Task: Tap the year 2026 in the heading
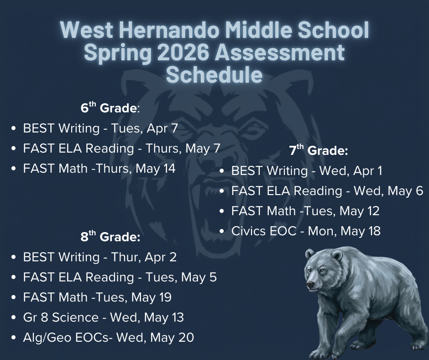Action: [183, 53]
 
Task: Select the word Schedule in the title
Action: [214, 74]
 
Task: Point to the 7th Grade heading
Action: [319, 150]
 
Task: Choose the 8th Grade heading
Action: [110, 237]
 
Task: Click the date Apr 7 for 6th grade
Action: [162, 128]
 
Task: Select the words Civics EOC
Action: [264, 231]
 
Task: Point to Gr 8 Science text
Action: [61, 317]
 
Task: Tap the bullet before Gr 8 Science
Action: [14, 318]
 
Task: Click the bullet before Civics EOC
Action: [222, 232]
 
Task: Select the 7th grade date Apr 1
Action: [367, 171]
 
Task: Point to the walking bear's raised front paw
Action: [323, 353]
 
